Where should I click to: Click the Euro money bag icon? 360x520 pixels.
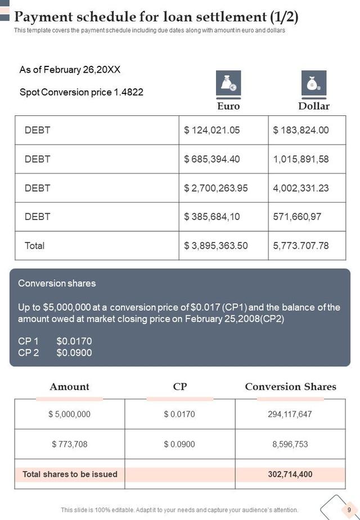(228, 83)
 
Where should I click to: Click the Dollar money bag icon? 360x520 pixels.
(313, 83)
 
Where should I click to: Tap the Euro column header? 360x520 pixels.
(228, 106)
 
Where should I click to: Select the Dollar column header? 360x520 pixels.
(313, 106)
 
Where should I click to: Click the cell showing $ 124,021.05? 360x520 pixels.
(212, 130)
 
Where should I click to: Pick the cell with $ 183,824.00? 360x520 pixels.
(301, 130)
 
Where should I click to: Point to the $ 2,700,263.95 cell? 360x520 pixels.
(216, 188)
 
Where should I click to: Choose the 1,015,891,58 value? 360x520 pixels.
(301, 159)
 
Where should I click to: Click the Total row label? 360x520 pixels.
(35, 245)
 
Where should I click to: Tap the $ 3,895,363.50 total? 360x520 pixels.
(216, 245)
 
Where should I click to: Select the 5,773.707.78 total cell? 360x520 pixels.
(301, 245)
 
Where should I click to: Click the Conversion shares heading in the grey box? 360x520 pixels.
(57, 283)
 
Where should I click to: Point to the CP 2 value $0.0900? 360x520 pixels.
(74, 353)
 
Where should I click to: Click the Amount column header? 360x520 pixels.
(69, 387)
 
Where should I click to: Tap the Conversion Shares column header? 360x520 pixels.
(290, 387)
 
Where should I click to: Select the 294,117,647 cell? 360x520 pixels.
(290, 414)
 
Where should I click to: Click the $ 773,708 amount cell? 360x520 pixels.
(69, 444)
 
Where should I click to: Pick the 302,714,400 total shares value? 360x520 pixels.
(290, 474)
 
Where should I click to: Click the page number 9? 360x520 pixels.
(349, 510)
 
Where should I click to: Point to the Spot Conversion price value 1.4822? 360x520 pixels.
(129, 92)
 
